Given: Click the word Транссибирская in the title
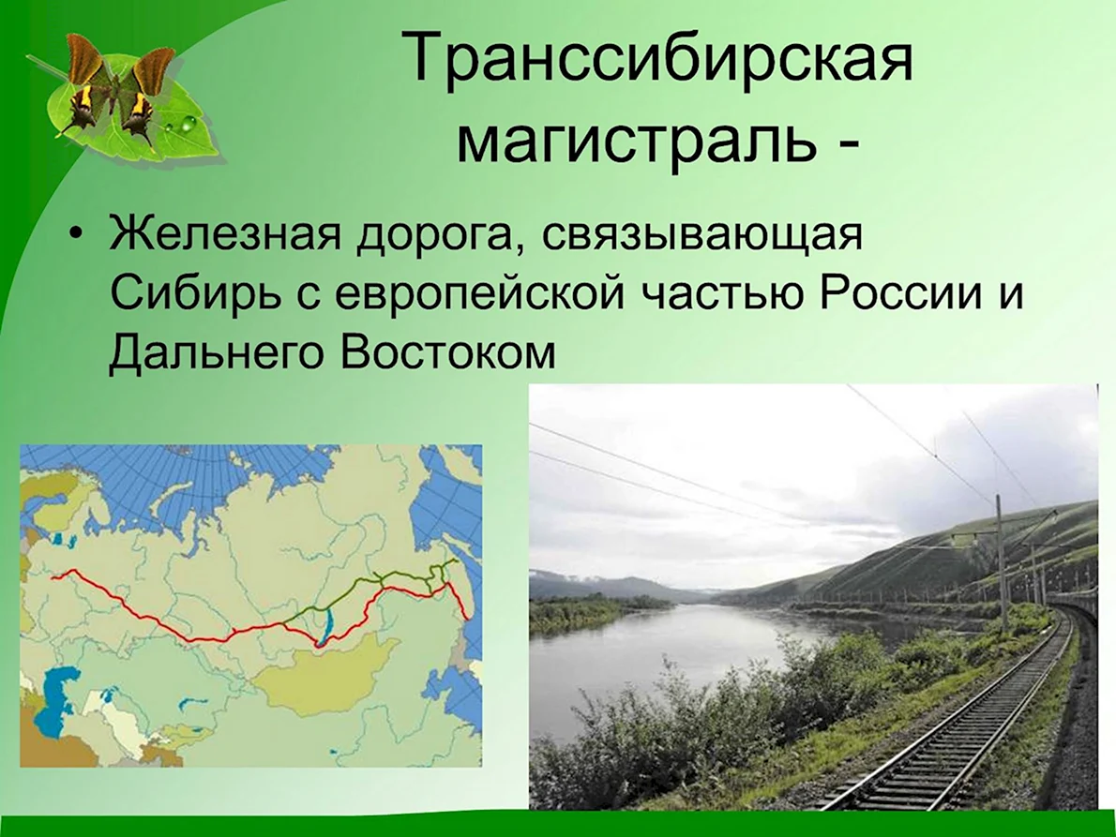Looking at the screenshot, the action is [660, 57].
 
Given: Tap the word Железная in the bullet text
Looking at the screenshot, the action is [225, 233].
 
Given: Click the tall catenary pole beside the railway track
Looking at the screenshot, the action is [1003, 562].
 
